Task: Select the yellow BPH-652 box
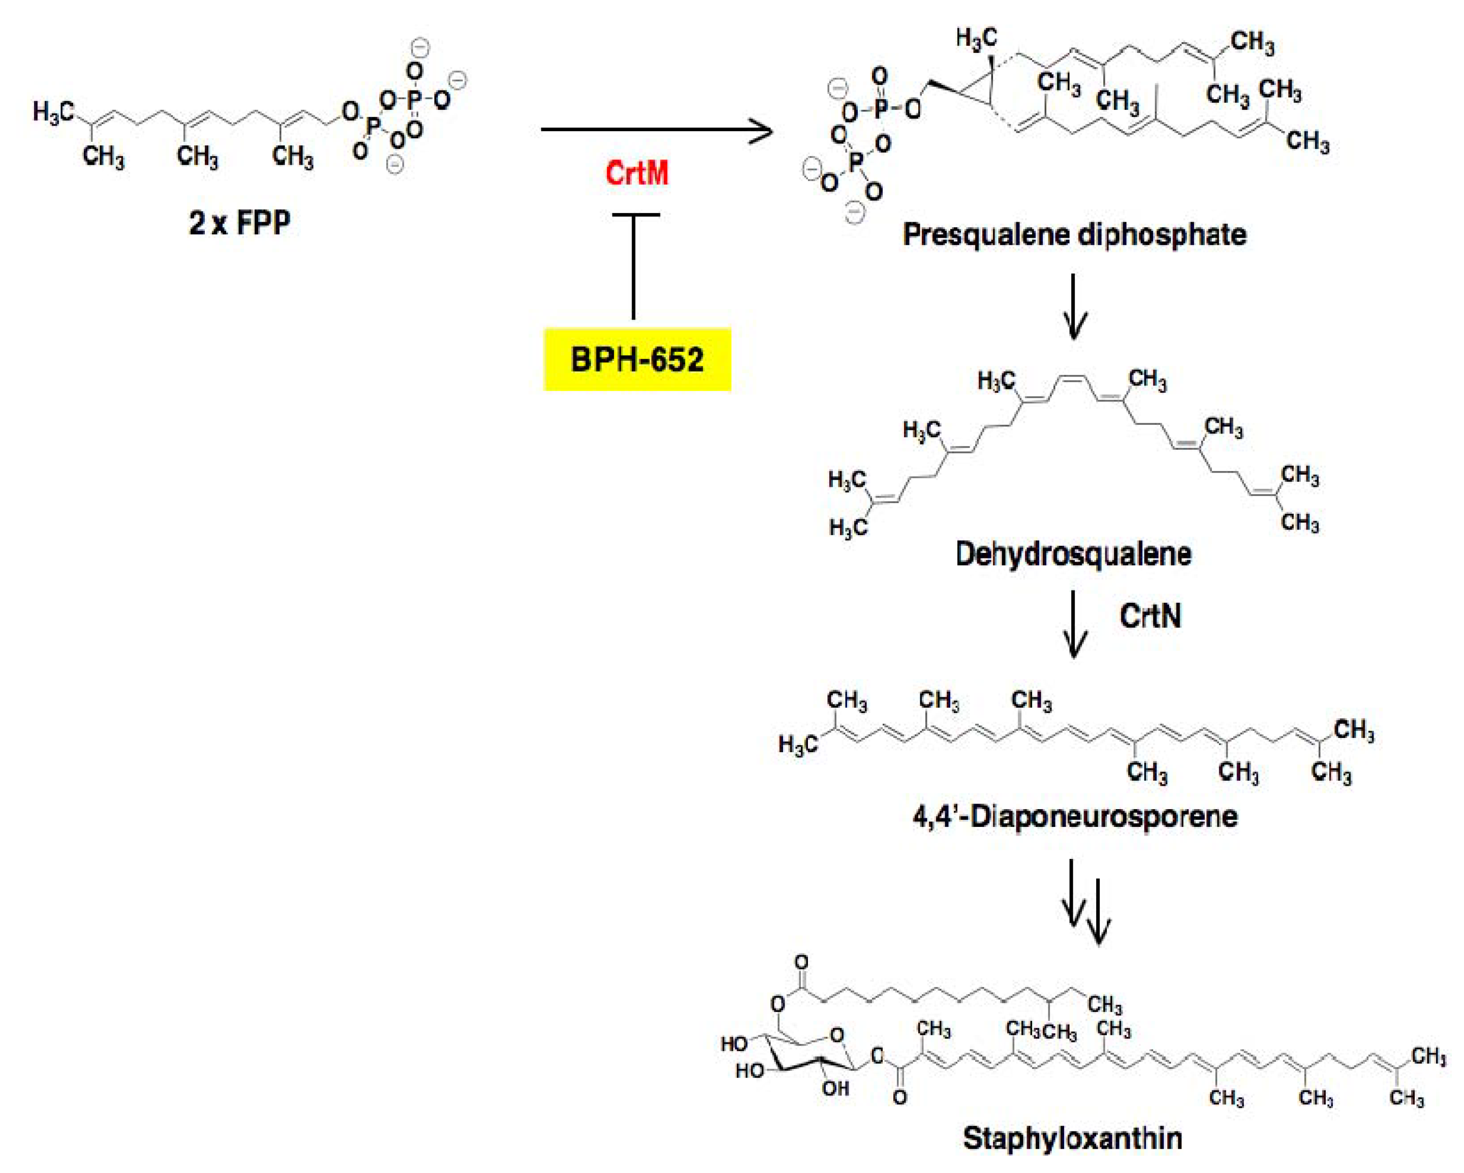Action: click(637, 359)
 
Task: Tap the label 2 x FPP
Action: click(240, 223)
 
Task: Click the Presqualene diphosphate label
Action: click(1074, 235)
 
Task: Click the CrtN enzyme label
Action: click(1150, 616)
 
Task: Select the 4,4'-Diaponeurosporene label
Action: click(1074, 816)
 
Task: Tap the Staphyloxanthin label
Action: click(1072, 1138)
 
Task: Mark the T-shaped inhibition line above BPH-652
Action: click(634, 265)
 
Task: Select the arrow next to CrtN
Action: click(1073, 624)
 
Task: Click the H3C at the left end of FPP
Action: click(53, 112)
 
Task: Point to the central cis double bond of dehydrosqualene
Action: click(1072, 378)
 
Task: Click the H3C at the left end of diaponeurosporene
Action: click(798, 745)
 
